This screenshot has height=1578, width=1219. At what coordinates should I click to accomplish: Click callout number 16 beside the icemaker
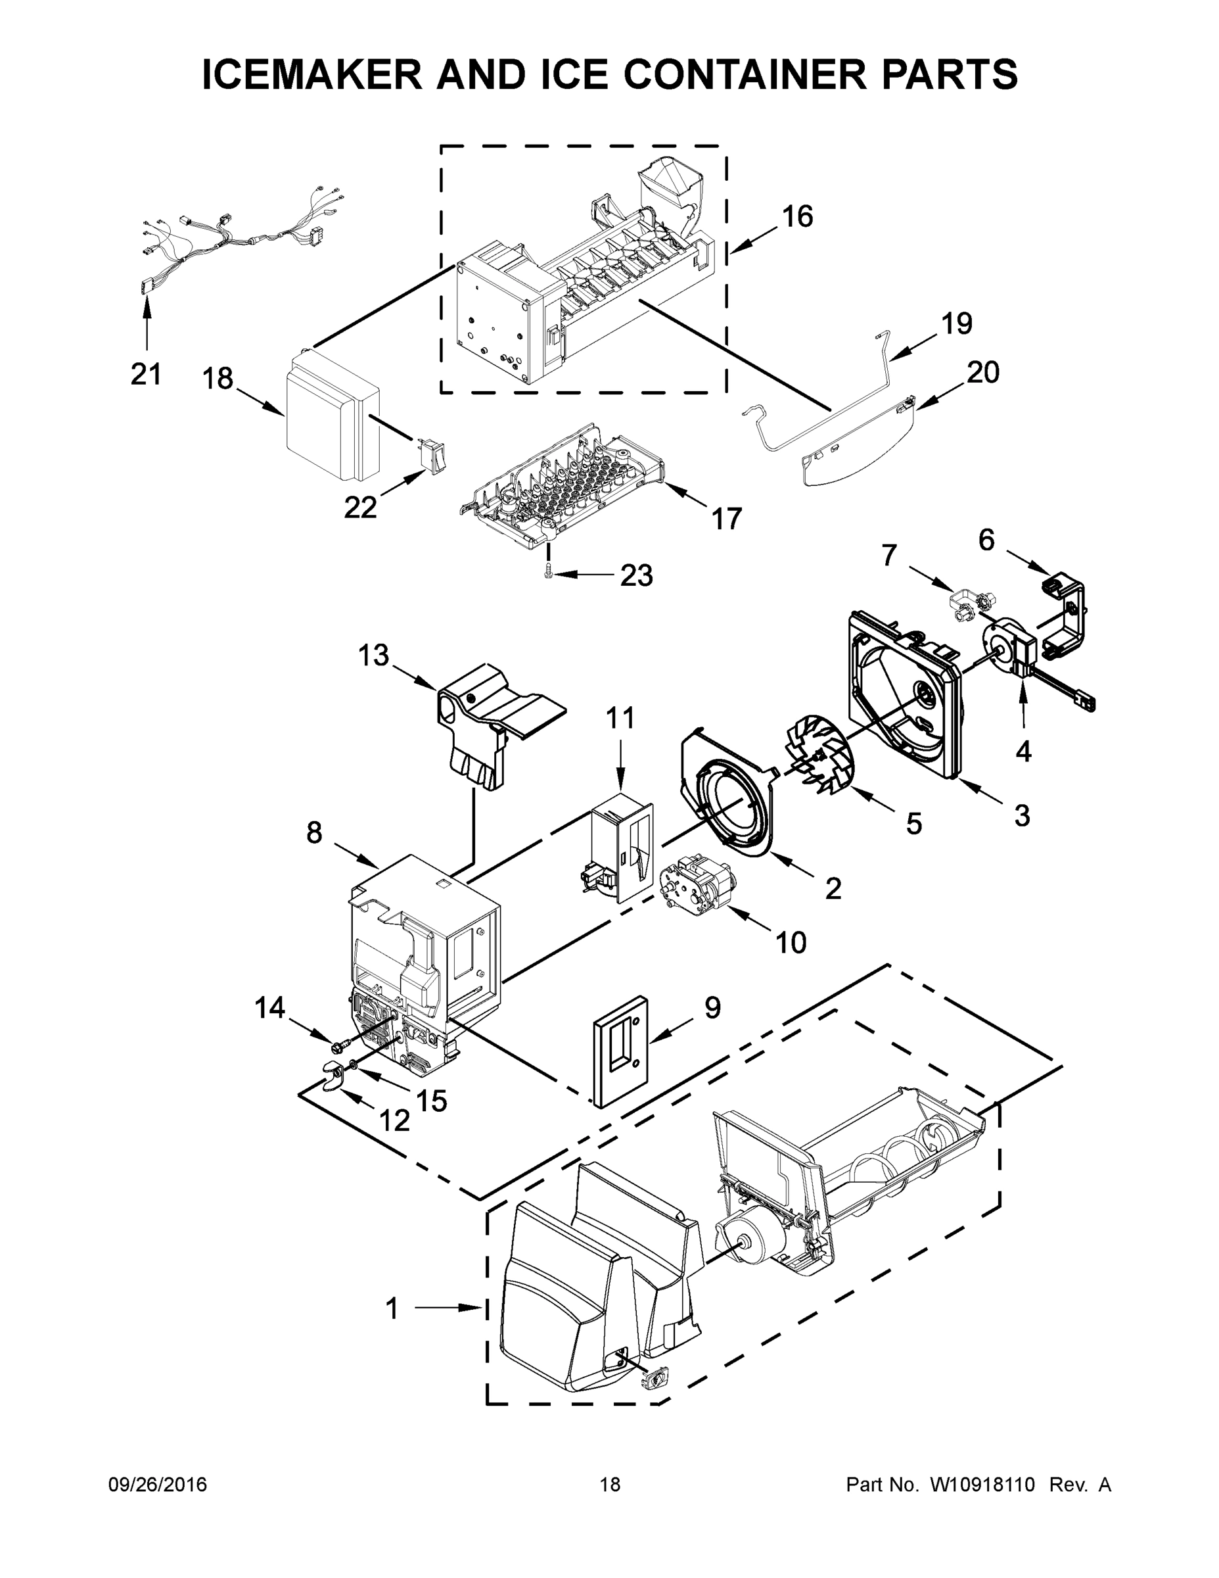797,216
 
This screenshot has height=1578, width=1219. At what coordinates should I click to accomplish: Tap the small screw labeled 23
548,571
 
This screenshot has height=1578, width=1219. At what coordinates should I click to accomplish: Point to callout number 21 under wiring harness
146,374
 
